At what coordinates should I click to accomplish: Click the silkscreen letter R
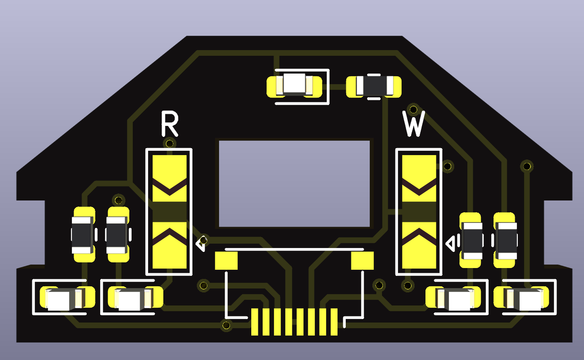169,124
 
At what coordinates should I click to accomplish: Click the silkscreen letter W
414,124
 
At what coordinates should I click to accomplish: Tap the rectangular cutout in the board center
294,184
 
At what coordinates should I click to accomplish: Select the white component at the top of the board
294,84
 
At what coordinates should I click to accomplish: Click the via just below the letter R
169,143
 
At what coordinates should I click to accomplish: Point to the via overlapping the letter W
413,109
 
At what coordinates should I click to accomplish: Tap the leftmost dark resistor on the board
82,235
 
